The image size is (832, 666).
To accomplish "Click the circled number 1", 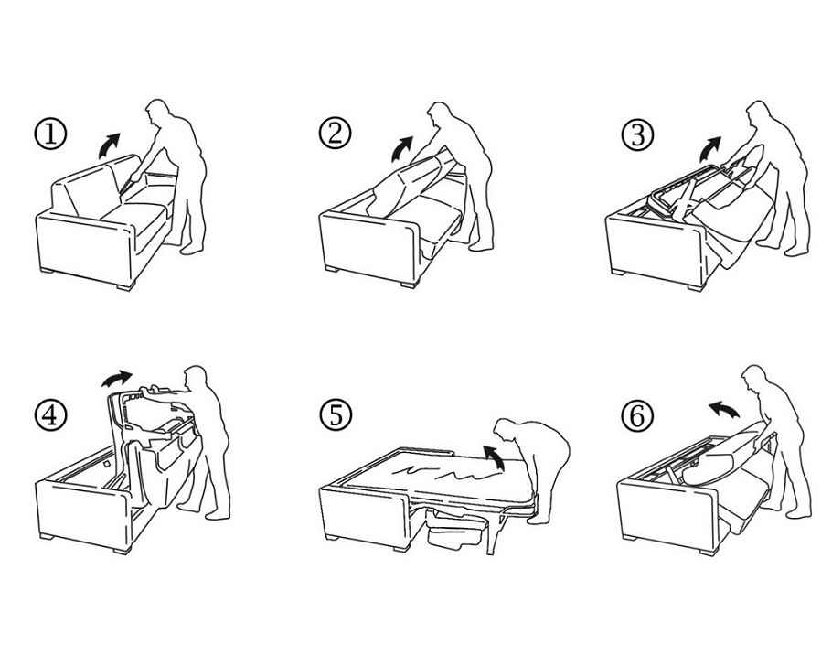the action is pyautogui.click(x=50, y=134).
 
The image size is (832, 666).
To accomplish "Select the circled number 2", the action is pyautogui.click(x=335, y=133).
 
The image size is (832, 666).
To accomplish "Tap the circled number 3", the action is pyautogui.click(x=637, y=134).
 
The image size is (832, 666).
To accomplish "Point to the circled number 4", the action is pyautogui.click(x=50, y=414).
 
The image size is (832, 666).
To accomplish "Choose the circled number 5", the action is pyautogui.click(x=336, y=414).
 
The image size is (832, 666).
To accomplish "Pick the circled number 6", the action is pyautogui.click(x=636, y=414).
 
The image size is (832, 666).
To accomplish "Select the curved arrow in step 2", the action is pyautogui.click(x=400, y=149).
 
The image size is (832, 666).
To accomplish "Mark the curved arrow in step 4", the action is pyautogui.click(x=116, y=379).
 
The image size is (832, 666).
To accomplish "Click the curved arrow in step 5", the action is pyautogui.click(x=496, y=457).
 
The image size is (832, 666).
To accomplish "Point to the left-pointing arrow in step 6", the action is pyautogui.click(x=724, y=410).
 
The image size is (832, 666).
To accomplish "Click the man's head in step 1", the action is pyautogui.click(x=157, y=111).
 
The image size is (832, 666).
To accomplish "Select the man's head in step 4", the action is pyautogui.click(x=195, y=377).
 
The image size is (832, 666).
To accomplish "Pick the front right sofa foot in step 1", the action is pyautogui.click(x=124, y=286).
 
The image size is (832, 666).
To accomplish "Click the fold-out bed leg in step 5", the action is pyautogui.click(x=493, y=533).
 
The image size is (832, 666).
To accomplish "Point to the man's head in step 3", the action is pyautogui.click(x=758, y=113).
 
